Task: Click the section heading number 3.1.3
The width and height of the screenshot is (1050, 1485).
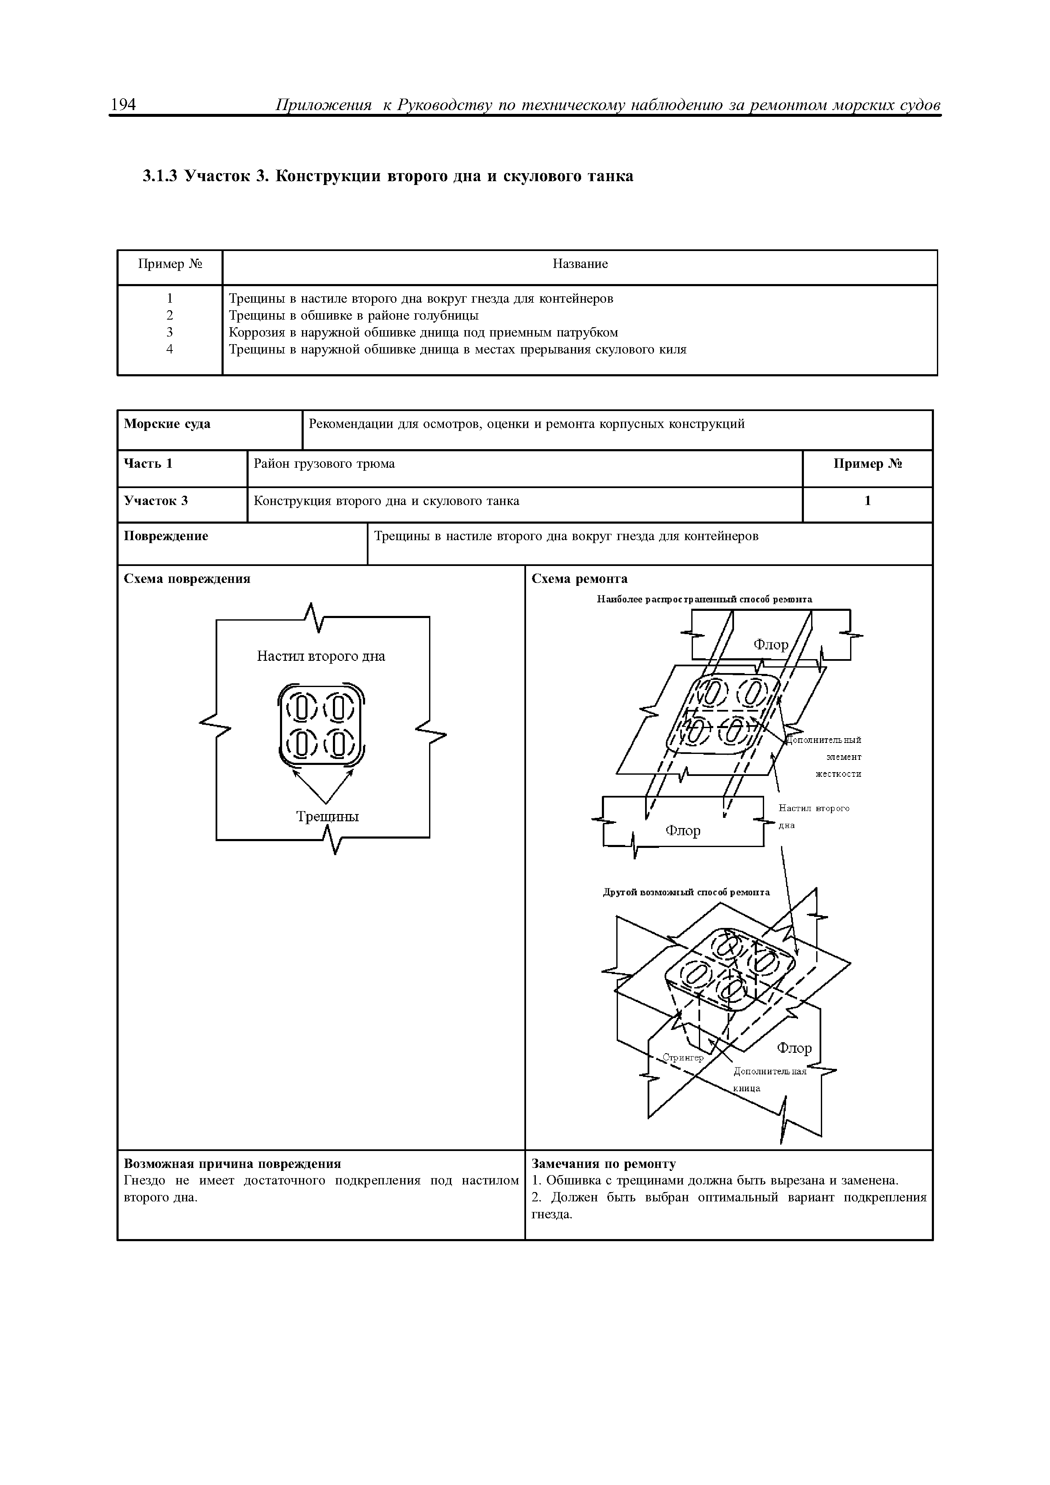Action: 159,176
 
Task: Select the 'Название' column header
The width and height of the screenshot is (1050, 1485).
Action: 580,264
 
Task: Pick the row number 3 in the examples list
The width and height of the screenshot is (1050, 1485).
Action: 169,332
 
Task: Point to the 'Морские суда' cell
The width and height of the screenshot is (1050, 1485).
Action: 167,424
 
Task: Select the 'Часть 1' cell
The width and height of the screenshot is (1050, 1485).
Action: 148,464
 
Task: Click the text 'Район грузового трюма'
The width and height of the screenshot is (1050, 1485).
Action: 324,464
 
